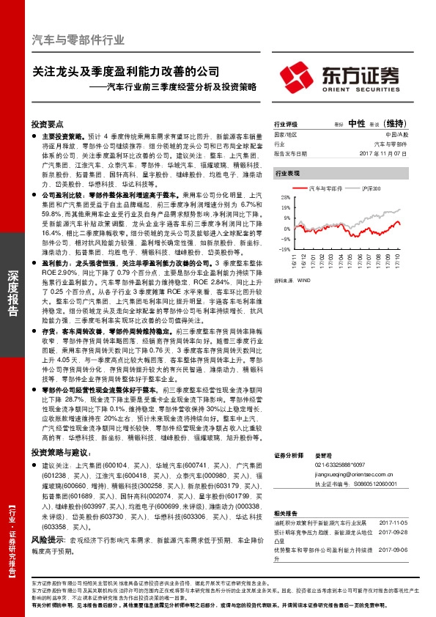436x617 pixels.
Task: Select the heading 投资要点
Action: point(48,125)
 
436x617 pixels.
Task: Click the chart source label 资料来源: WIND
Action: point(291,259)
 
